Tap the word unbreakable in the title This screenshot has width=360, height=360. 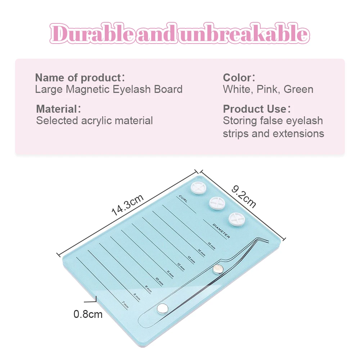tap(245, 35)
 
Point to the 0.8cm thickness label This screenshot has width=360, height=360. tap(88, 314)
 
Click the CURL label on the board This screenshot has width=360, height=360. tap(183, 199)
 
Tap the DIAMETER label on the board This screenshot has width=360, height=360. tap(221, 230)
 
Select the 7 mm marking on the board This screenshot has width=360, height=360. tap(125, 305)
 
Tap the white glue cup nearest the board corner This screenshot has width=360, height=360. tap(198, 188)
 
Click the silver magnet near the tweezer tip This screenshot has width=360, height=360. tap(217, 269)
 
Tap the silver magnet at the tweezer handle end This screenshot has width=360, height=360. tap(162, 309)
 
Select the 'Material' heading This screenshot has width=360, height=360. tap(57, 109)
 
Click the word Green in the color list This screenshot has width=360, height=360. tap(298, 89)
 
